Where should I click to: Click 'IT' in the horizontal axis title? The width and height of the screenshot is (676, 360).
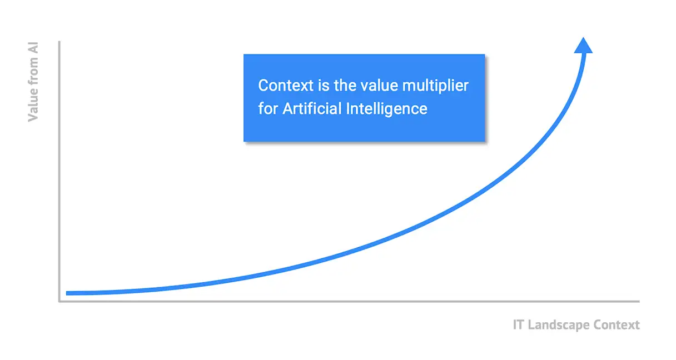click(x=518, y=325)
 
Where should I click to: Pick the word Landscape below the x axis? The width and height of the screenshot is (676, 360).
click(x=558, y=325)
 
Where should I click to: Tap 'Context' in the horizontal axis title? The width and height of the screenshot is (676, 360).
click(x=617, y=325)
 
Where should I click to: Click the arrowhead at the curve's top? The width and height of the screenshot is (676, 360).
click(x=583, y=46)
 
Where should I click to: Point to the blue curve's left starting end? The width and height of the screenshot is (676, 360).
click(x=68, y=293)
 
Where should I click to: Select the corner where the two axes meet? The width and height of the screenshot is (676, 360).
click(x=59, y=301)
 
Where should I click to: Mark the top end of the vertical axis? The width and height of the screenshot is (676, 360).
click(x=59, y=42)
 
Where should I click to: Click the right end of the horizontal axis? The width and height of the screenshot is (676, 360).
click(x=638, y=301)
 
